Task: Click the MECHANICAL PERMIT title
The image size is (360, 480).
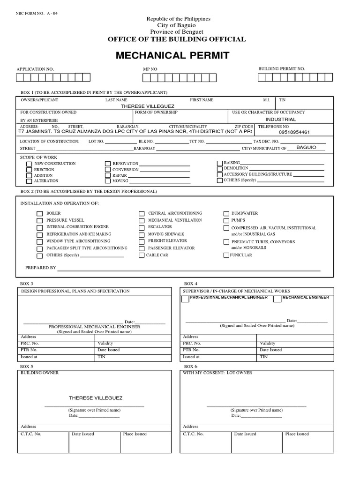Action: click(x=172, y=56)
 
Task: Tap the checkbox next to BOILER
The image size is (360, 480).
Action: click(x=40, y=213)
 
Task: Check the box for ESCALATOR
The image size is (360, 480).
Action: click(x=142, y=227)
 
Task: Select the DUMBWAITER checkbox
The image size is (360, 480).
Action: click(x=226, y=213)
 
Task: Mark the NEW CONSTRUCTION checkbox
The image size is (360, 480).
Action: click(x=29, y=164)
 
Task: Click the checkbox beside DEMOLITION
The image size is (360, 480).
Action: click(x=220, y=168)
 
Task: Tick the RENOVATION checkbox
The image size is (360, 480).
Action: click(x=108, y=164)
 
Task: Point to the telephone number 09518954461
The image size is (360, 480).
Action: click(x=294, y=132)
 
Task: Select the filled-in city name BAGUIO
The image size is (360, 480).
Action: click(x=307, y=147)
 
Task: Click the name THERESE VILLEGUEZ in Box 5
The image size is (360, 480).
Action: click(x=96, y=398)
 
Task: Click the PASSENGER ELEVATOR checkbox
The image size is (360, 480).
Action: click(x=142, y=248)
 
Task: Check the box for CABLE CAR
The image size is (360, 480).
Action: click(x=142, y=255)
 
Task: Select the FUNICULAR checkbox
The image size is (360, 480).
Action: click(x=226, y=255)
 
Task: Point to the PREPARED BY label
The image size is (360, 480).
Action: click(x=40, y=268)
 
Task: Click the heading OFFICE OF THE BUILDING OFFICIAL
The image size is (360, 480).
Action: click(x=177, y=39)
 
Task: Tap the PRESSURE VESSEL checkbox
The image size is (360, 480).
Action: click(x=40, y=220)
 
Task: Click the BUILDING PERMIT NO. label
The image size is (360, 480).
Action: click(x=282, y=69)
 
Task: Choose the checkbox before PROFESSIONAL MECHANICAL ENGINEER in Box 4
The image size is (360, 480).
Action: click(x=185, y=299)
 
